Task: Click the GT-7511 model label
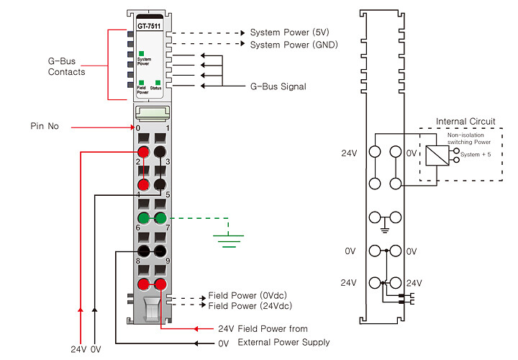(x=149, y=26)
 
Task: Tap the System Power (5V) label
(x=289, y=32)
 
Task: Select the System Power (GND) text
(x=294, y=45)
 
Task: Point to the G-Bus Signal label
(x=278, y=86)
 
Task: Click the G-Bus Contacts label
(x=66, y=66)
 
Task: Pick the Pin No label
(x=45, y=126)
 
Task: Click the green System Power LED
(x=142, y=53)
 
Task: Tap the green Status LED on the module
(x=158, y=83)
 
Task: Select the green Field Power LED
(x=142, y=83)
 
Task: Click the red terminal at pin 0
(x=143, y=152)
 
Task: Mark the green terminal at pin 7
(x=160, y=218)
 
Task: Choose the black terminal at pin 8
(x=143, y=251)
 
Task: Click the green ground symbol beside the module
(x=228, y=239)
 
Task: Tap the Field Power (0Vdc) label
(x=247, y=295)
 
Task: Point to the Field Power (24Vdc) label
(x=250, y=306)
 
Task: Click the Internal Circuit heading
(x=465, y=122)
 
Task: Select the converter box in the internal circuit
(x=437, y=156)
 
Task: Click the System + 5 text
(x=476, y=154)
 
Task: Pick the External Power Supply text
(x=283, y=342)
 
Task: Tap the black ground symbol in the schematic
(x=384, y=228)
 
